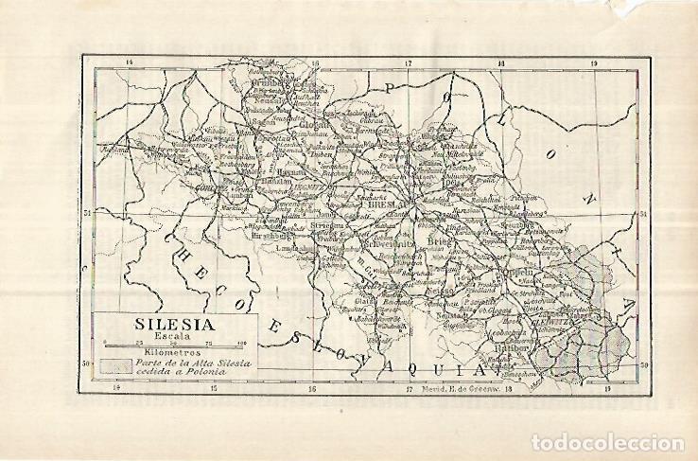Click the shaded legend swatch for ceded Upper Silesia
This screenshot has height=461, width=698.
pos(116,366)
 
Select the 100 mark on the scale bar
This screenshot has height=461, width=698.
pos(241,343)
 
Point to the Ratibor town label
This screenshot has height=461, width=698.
pos(509,360)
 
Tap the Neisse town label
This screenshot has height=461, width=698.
pos(441,291)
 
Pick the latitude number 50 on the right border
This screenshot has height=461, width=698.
pos(643,363)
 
